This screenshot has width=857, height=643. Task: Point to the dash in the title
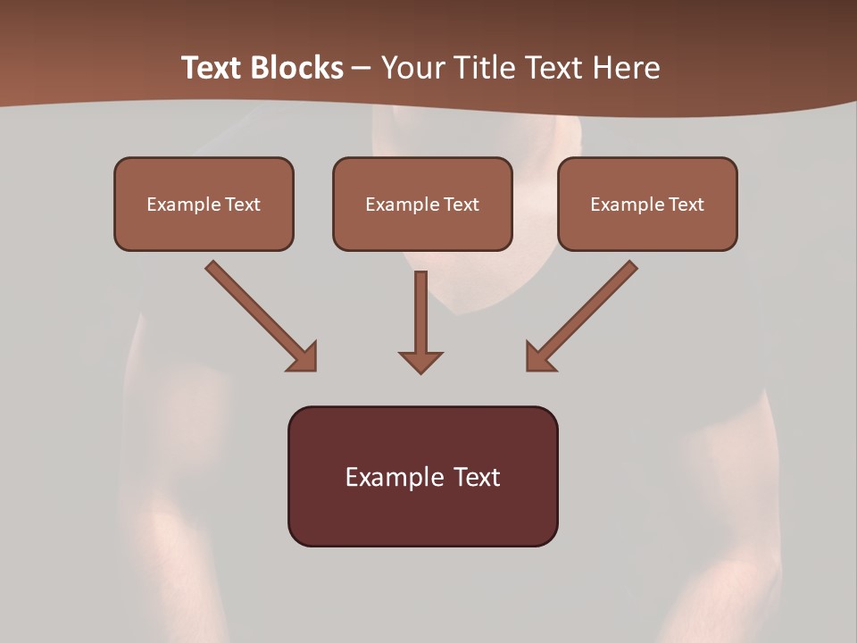click(x=362, y=69)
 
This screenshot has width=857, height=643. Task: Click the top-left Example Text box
click(x=204, y=204)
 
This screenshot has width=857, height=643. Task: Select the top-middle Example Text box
click(x=422, y=204)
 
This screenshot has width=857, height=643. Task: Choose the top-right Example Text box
click(x=647, y=204)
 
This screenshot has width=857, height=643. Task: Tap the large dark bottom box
click(x=422, y=476)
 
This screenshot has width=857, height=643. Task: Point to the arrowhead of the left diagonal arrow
click(x=304, y=357)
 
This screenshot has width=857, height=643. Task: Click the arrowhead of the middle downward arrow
click(x=420, y=362)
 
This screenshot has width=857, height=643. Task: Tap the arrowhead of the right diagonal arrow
click(x=539, y=357)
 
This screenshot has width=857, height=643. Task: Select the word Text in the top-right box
click(x=685, y=205)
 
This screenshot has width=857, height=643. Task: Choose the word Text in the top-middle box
click(x=460, y=205)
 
